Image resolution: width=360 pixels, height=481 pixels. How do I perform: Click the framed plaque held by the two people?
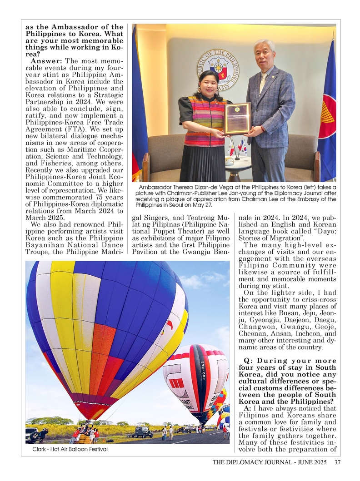237,118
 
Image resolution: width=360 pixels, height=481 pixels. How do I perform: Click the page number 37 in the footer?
337,463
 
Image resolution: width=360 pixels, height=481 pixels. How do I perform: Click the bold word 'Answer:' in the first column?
47,61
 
